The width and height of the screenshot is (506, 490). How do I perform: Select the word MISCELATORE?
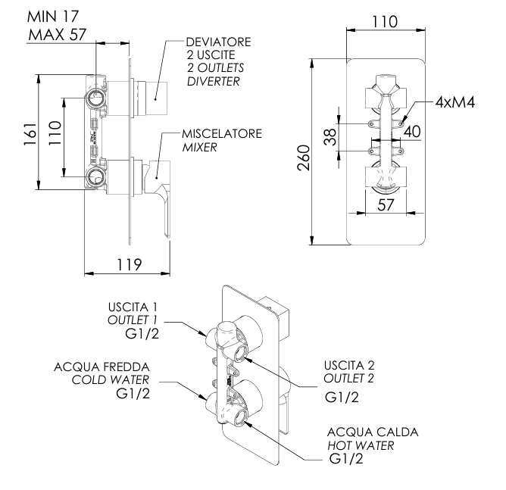(x=222, y=133)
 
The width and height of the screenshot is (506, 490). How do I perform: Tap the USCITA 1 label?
(x=133, y=307)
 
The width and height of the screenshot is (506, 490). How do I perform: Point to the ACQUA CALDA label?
(x=367, y=432)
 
